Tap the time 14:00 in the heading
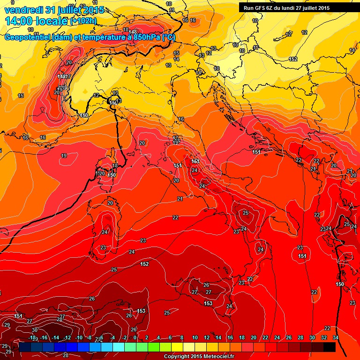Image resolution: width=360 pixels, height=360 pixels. point(20,21)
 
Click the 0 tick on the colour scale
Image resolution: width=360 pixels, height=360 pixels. point(135,337)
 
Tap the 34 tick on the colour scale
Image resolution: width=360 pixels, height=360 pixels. point(336,337)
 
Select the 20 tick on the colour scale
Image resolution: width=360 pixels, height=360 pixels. point(253,337)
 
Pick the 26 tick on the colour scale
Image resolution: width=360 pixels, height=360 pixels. point(289,337)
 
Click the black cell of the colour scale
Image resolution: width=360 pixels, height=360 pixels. point(330,347)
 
